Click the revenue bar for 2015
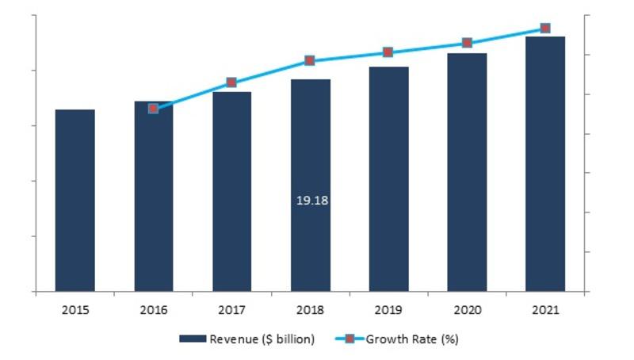[x=75, y=201]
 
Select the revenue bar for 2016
[x=154, y=196]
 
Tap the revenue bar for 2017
[x=232, y=191]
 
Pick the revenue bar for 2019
[x=389, y=178]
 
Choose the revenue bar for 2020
[x=467, y=172]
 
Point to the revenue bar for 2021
[x=545, y=164]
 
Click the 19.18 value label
[x=312, y=201]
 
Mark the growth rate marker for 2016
[x=153, y=109]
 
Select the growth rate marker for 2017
[x=231, y=82]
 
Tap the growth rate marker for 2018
[x=310, y=61]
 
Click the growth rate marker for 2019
[x=388, y=52]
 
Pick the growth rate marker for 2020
[x=467, y=43]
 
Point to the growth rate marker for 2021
[x=545, y=29]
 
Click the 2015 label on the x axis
[x=75, y=310]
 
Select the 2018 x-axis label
[x=310, y=310]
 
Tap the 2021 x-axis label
[x=545, y=310]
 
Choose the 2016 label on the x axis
[x=154, y=310]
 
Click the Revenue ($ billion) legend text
[x=262, y=339]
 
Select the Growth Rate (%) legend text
[x=412, y=339]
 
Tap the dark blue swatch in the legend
[x=193, y=339]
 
